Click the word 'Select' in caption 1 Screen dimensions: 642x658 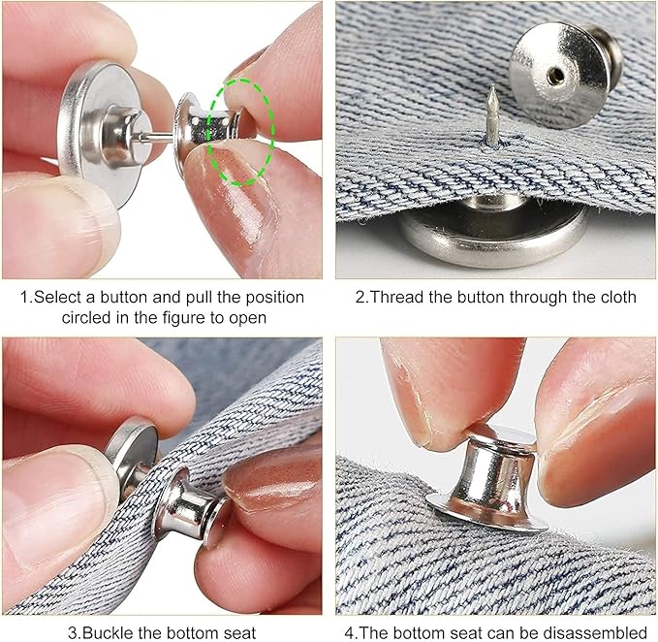point(57,297)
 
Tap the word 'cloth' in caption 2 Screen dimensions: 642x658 point(616,297)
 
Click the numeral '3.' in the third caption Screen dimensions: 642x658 point(74,632)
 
